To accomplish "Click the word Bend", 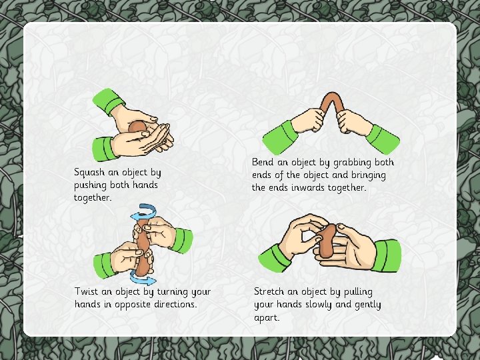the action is point(263,162).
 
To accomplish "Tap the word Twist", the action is point(86,291).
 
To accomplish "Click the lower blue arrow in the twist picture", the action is point(142,278).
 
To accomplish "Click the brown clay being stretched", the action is point(327,240).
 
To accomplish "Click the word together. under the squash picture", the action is point(92,198).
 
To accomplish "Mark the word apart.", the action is point(267,318).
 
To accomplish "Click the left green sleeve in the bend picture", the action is point(279,137).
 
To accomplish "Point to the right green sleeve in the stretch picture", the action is point(387,256).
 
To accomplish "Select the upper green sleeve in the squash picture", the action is point(108,101).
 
